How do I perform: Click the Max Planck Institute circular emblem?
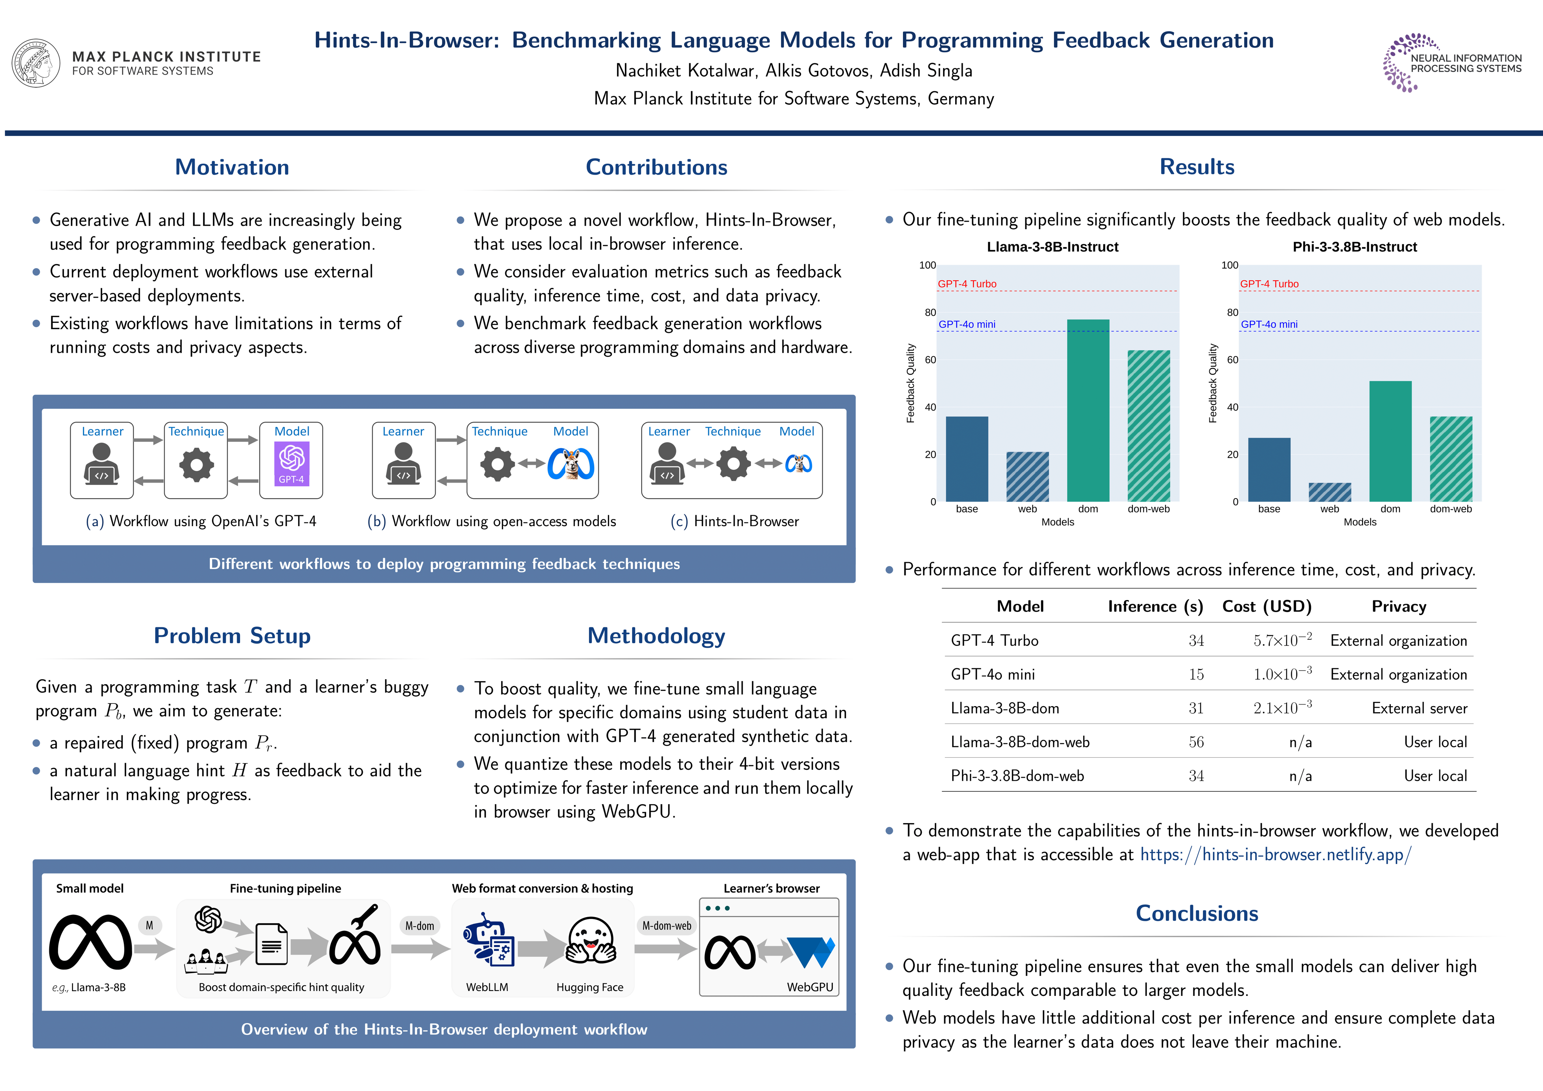36,63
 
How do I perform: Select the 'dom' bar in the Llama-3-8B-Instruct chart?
1088,410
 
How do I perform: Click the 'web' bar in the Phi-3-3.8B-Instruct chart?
1329,492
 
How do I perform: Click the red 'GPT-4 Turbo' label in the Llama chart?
967,284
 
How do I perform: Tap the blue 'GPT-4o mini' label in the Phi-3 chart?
1269,324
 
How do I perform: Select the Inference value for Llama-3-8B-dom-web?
1196,742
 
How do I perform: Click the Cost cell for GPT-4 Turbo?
1282,641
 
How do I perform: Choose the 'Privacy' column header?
1399,606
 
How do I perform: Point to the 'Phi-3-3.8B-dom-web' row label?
1017,776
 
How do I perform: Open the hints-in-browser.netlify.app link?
1276,854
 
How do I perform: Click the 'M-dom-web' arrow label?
667,925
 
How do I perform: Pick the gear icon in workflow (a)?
196,464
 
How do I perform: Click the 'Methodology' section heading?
656,636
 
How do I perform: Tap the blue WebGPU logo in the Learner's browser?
811,952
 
